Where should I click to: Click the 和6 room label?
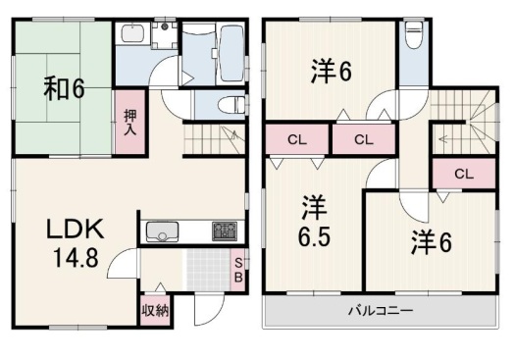click(x=65, y=88)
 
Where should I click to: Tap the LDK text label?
click(x=76, y=229)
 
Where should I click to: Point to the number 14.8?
click(x=76, y=257)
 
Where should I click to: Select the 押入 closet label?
click(x=130, y=122)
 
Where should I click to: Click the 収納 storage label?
click(x=155, y=310)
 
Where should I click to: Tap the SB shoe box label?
click(x=238, y=270)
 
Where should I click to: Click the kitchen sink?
click(x=162, y=231)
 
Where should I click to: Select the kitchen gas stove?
click(x=225, y=231)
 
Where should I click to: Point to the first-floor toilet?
click(x=231, y=104)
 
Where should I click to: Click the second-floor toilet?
click(x=414, y=34)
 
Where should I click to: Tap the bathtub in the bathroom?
click(x=231, y=53)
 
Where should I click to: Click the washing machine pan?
click(x=165, y=35)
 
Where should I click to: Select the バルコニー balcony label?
click(x=381, y=310)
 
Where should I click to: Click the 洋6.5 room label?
click(x=314, y=221)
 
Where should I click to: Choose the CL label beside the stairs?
click(x=464, y=174)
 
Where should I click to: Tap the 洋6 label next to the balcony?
click(x=432, y=242)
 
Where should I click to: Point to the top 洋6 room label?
click(x=332, y=71)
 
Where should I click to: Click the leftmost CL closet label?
click(x=297, y=140)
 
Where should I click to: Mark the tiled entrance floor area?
click(x=209, y=270)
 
